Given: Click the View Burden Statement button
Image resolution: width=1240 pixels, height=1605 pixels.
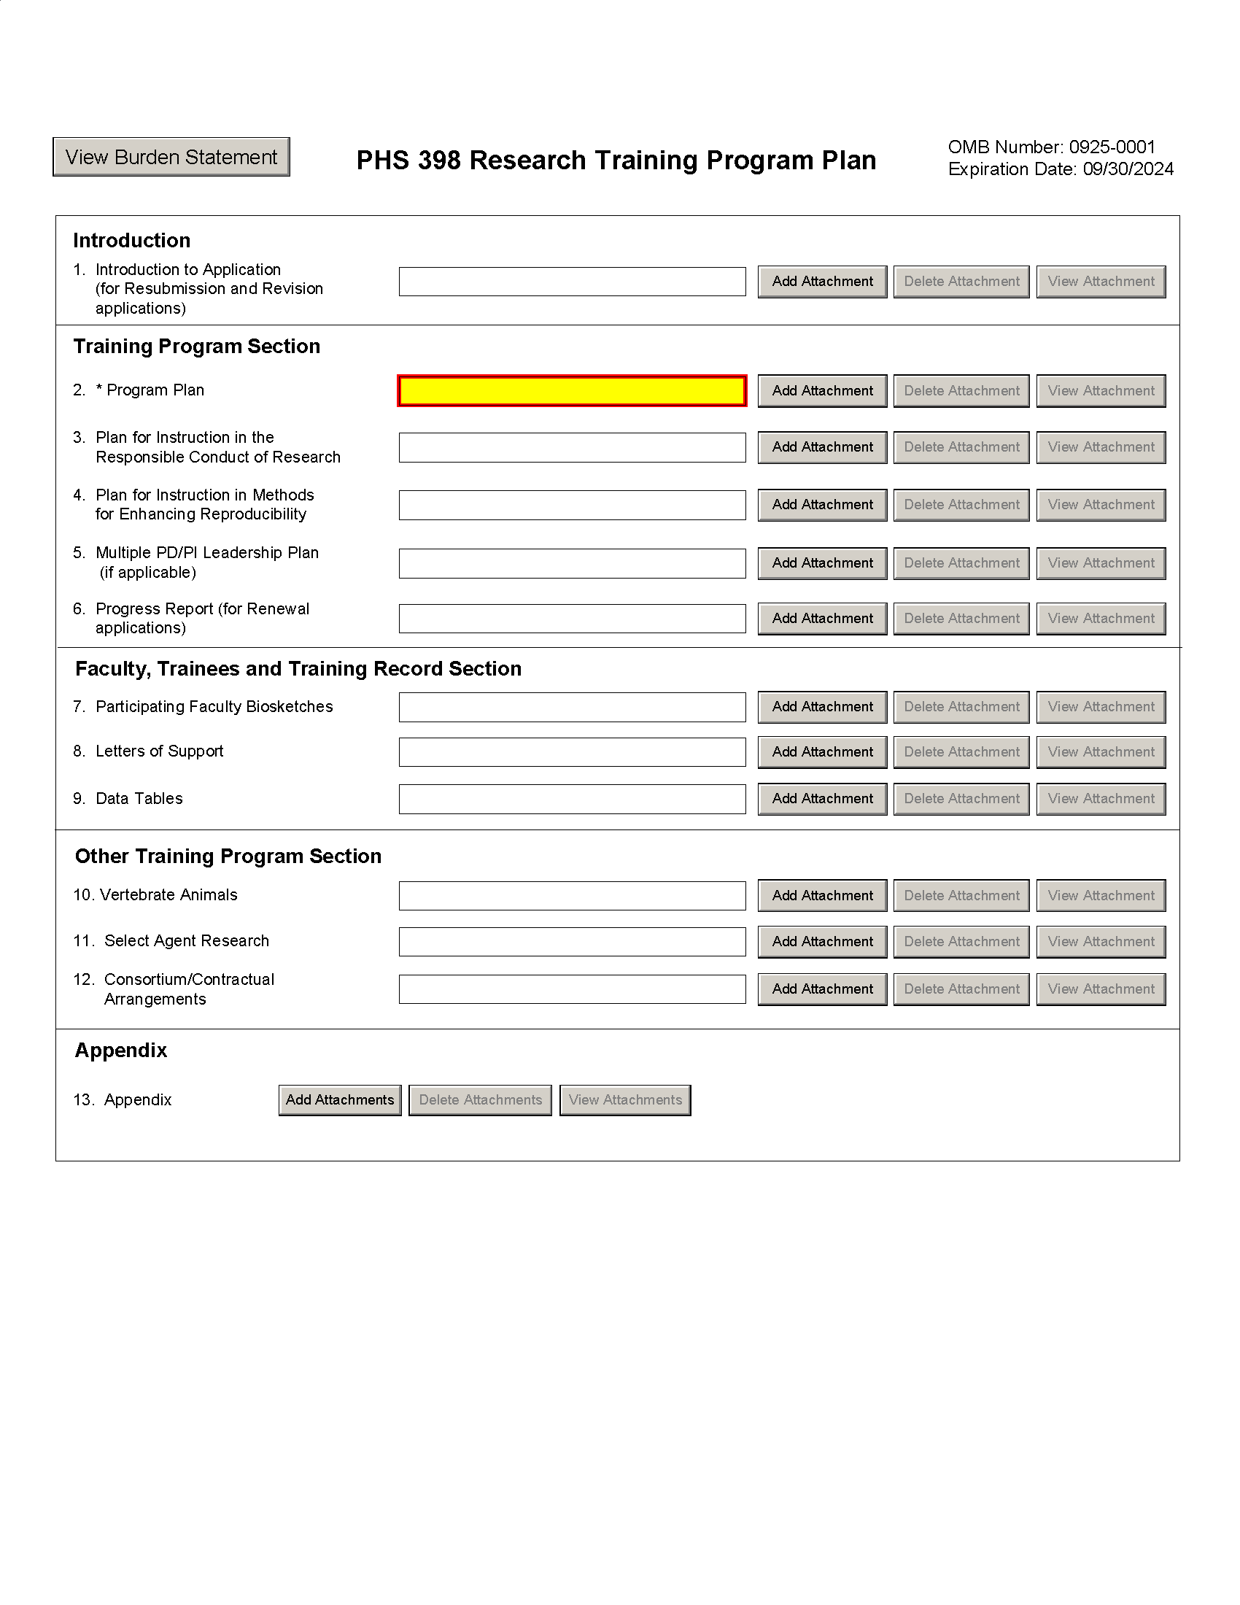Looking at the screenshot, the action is point(171,158).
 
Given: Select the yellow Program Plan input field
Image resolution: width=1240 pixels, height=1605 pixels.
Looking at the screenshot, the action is point(572,391).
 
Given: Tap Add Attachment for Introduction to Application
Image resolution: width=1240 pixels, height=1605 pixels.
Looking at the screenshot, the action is point(822,282).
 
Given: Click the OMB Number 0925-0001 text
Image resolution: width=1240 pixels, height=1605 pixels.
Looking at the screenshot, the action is point(1051,147).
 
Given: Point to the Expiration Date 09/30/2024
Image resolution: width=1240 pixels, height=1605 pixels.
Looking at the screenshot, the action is point(1060,170).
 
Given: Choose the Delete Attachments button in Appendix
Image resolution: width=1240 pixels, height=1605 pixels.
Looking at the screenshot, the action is point(480,1100).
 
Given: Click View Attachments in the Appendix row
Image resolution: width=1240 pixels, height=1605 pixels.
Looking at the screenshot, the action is point(625,1100).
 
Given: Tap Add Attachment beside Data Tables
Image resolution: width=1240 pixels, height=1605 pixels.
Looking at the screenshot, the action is point(822,799).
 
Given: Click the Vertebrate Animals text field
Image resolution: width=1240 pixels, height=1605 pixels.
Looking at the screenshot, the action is point(572,896).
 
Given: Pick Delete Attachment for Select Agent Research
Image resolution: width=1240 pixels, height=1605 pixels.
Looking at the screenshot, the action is point(961,942).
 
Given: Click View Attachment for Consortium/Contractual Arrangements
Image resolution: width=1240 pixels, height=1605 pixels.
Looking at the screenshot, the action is point(1101,989).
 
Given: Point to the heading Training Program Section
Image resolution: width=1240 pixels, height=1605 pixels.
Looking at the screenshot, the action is point(197,346).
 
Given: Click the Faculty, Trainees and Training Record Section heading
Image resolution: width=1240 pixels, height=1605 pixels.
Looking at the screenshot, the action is point(298,669).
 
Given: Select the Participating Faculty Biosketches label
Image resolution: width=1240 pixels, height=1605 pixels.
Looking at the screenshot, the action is point(214,707).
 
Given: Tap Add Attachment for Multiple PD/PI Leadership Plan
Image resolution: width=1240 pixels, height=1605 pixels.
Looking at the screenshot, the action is point(822,563).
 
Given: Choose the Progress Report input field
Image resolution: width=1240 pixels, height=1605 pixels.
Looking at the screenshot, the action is point(572,619).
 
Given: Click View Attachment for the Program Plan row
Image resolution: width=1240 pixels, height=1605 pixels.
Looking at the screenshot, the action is point(1101,391).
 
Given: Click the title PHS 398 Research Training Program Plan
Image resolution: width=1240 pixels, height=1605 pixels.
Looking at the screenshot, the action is point(616,160).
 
